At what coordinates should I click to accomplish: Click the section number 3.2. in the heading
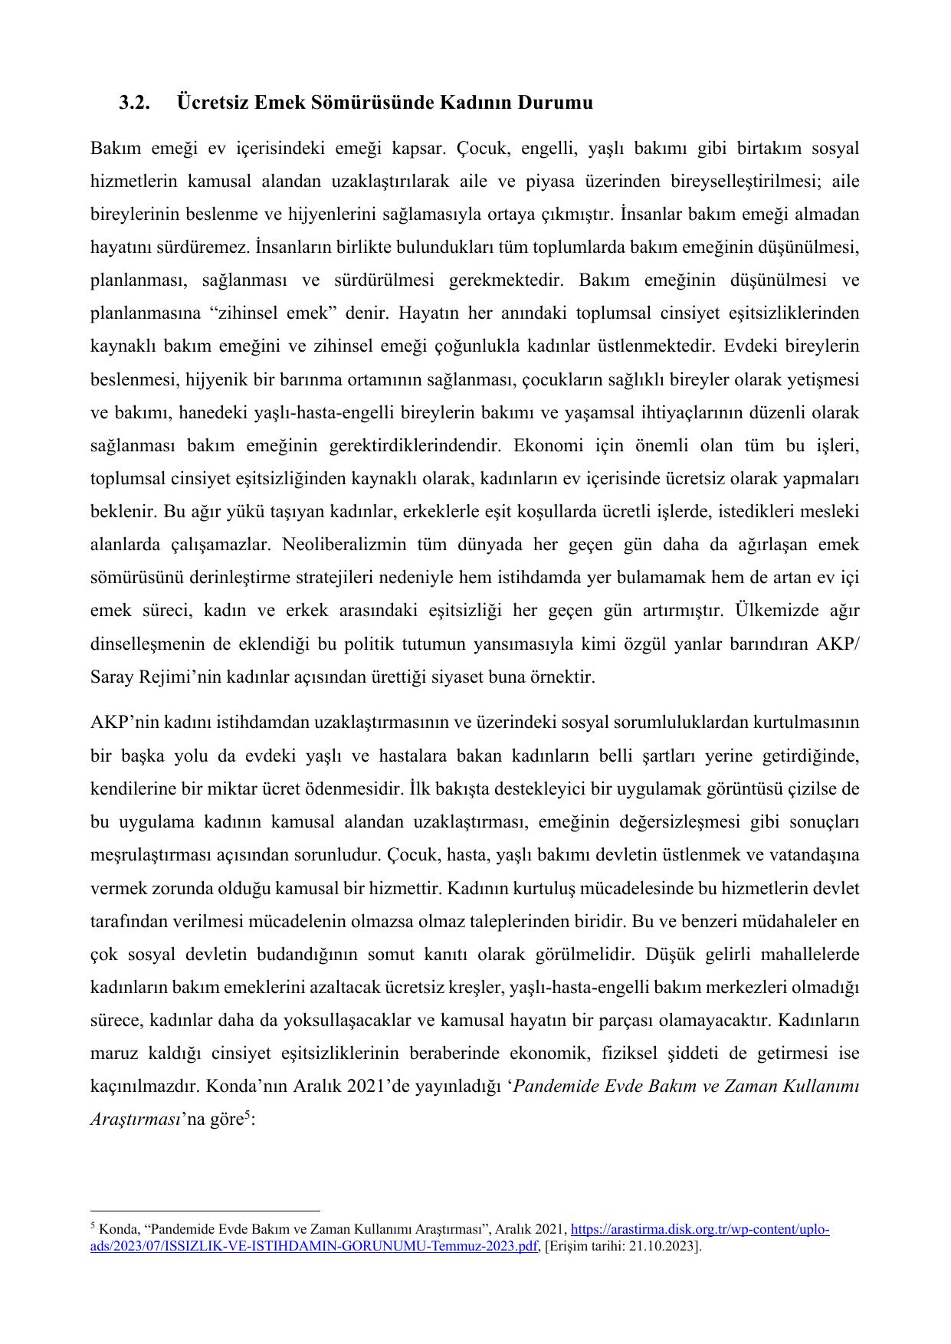click(x=135, y=103)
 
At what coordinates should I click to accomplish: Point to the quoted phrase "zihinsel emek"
click(x=253, y=313)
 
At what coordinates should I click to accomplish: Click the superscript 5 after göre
click(x=246, y=1115)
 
